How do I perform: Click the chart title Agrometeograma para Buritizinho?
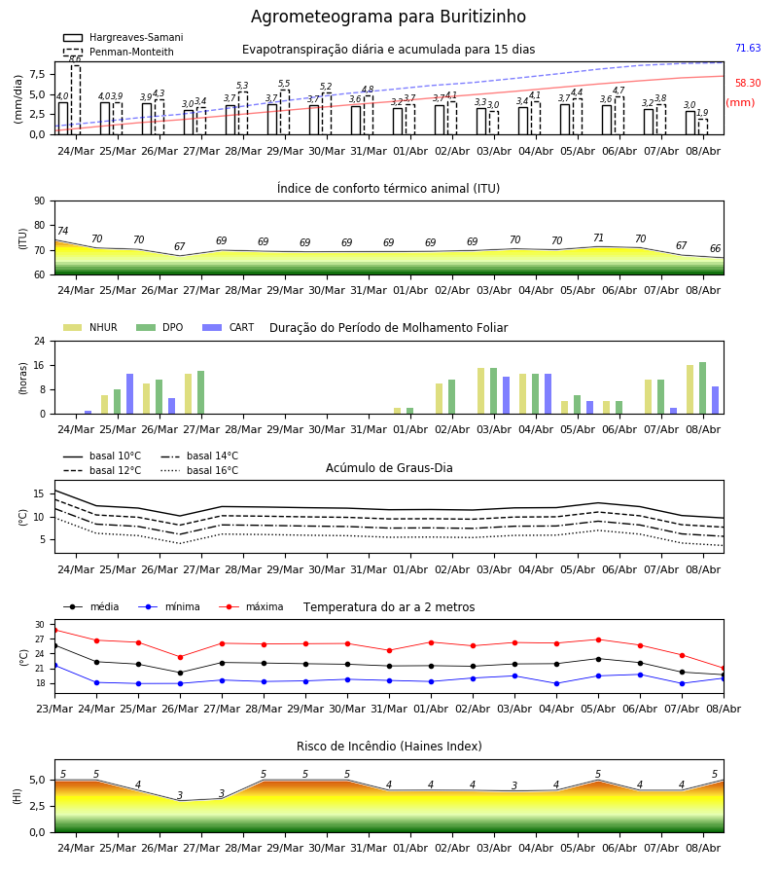pos(388,17)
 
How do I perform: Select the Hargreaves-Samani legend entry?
pos(123,37)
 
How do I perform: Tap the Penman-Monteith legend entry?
pos(119,52)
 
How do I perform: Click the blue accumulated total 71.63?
pos(748,48)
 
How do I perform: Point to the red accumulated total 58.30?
pos(748,84)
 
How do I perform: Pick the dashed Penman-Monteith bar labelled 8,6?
pos(75,100)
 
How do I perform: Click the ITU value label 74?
pos(62,231)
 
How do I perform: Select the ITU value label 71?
pos(598,238)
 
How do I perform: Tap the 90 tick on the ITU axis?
pos(40,201)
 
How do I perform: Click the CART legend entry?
pos(229,327)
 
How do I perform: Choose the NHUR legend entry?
pos(90,327)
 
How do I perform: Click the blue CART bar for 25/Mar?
pos(130,394)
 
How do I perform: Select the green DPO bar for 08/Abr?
pos(703,388)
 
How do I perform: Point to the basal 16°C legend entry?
pos(199,470)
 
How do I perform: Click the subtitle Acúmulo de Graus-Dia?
pos(389,468)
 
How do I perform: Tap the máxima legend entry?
pos(251,606)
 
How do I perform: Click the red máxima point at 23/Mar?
pos(55,630)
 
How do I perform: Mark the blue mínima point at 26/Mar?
pos(180,683)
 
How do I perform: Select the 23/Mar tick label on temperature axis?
pos(54,709)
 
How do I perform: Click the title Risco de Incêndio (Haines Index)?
pos(389,747)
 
